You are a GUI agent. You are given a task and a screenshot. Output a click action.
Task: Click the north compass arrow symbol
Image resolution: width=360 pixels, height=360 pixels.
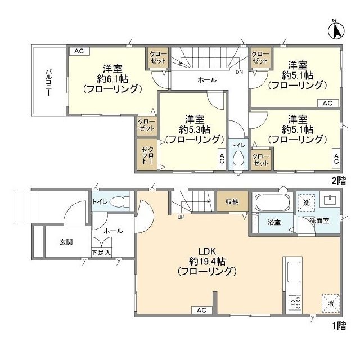(x=336, y=29)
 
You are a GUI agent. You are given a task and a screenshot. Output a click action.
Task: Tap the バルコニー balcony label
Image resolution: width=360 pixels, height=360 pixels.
(x=49, y=81)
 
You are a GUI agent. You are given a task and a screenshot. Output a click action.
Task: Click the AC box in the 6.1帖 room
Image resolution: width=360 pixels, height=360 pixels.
(x=78, y=51)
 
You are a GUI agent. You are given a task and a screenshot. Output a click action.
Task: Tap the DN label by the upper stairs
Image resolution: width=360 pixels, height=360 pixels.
(x=239, y=72)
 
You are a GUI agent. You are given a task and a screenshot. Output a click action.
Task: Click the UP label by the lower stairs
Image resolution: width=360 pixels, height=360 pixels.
(x=181, y=217)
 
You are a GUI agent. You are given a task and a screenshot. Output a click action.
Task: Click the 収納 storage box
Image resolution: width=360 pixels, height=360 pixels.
(x=232, y=201)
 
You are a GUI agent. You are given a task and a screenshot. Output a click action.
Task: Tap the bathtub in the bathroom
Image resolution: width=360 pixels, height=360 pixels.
(x=272, y=202)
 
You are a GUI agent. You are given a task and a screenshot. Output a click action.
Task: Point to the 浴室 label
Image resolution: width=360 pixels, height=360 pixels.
(x=274, y=222)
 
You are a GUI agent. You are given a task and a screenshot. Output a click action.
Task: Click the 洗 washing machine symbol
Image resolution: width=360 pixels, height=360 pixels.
(x=307, y=201)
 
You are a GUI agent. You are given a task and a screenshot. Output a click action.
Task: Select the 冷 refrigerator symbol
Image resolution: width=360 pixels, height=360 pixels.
(x=330, y=303)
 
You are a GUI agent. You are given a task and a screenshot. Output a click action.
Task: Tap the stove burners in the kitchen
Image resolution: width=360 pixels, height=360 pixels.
(x=295, y=303)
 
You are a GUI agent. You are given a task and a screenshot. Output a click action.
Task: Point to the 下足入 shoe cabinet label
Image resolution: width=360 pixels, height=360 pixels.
(x=101, y=253)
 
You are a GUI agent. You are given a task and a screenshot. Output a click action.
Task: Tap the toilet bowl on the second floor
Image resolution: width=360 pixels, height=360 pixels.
(x=237, y=159)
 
